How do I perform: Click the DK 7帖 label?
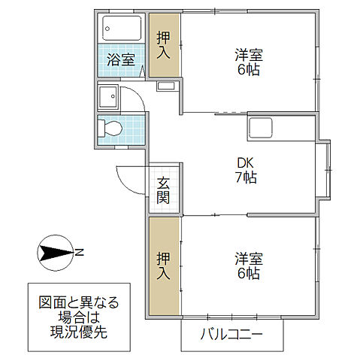coord(246,170)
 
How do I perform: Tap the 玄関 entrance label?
coord(163,191)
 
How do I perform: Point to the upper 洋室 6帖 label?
coord(247,62)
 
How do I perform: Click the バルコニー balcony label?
coord(231,335)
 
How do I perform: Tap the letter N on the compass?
coord(79,251)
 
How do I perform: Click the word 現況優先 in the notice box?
coord(79,332)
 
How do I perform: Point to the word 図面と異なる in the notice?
coord(79,302)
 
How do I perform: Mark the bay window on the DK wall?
coord(325,170)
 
